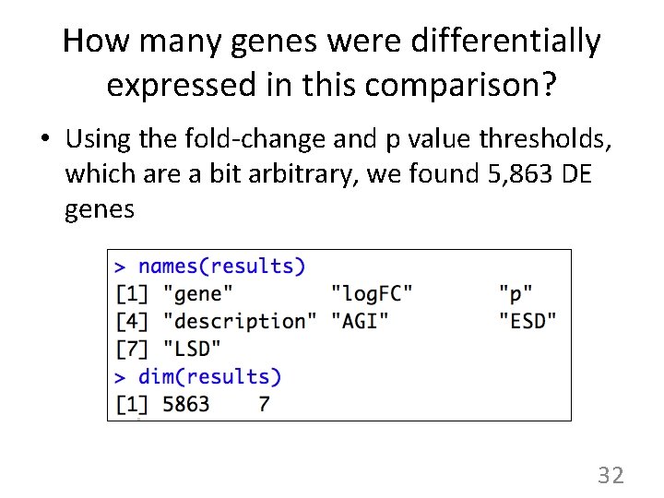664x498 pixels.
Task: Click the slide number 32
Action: pyautogui.click(x=611, y=476)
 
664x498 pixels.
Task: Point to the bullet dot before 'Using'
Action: pyautogui.click(x=44, y=140)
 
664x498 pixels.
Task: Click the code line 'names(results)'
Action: pyautogui.click(x=221, y=267)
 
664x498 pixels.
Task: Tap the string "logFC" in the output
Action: pyautogui.click(x=372, y=294)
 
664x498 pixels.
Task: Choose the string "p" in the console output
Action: pyautogui.click(x=516, y=294)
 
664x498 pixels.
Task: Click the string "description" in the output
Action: pyautogui.click(x=239, y=321)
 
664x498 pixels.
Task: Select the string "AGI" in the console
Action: pyautogui.click(x=360, y=321)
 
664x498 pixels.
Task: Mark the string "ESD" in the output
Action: pyautogui.click(x=528, y=321)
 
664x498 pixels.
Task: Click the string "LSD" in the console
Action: pyautogui.click(x=191, y=349)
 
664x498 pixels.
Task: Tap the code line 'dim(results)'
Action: pyautogui.click(x=209, y=376)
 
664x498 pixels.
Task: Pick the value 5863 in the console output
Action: pyautogui.click(x=185, y=404)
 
